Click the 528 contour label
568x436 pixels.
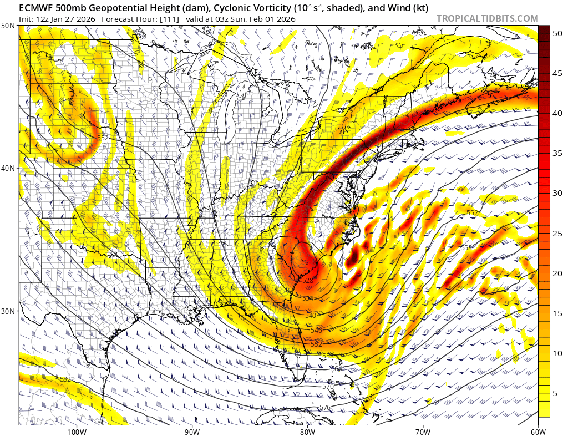pos(308,281)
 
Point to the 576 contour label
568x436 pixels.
pos(325,408)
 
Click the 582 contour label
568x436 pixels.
pos(65,379)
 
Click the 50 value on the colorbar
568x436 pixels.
pos(557,33)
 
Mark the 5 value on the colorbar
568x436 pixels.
pos(555,393)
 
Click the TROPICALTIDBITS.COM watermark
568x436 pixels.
pos(487,18)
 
